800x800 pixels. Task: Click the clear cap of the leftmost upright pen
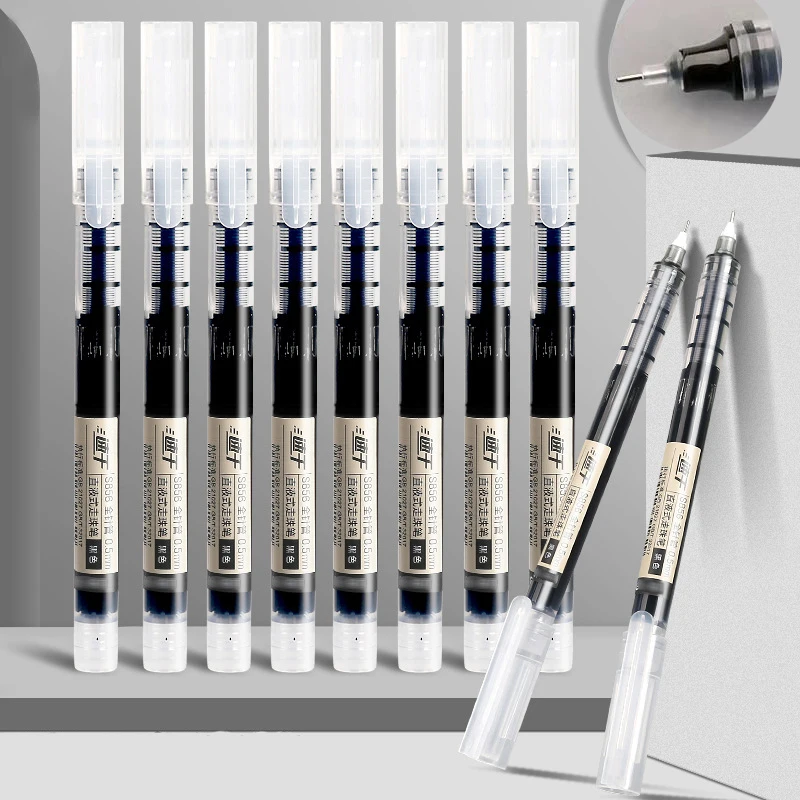(97, 90)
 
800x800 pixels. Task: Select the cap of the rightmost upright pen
(551, 90)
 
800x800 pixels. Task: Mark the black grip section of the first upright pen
(97, 350)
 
